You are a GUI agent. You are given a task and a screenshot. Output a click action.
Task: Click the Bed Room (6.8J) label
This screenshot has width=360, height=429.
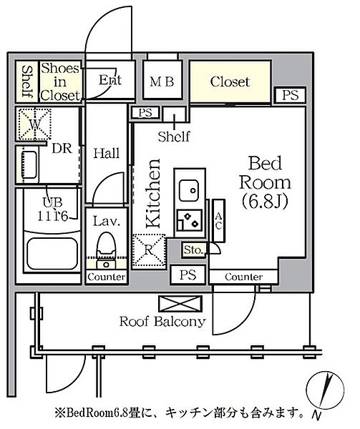[x=265, y=182]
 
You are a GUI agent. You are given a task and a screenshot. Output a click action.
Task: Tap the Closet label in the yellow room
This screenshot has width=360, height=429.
[x=230, y=82]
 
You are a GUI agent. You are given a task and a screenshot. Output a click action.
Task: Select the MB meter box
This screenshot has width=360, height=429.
[x=162, y=80]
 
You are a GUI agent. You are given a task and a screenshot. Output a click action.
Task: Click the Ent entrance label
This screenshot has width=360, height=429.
[x=110, y=79]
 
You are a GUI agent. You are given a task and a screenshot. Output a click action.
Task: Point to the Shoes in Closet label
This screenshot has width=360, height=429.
[x=60, y=82]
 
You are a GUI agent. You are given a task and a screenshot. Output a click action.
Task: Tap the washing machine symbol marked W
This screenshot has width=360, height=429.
[x=35, y=124]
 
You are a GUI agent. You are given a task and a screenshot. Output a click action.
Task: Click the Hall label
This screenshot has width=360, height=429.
[x=107, y=153]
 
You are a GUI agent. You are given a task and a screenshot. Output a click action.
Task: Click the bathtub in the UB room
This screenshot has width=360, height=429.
[x=52, y=252]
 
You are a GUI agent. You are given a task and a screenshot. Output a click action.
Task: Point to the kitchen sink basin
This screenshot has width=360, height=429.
[x=189, y=190]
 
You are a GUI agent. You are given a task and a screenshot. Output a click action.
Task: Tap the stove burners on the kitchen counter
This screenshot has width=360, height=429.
[x=190, y=220]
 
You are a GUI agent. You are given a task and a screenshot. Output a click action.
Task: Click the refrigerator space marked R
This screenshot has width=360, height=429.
[x=149, y=250]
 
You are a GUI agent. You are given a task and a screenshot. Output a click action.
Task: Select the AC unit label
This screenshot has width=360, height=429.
[x=218, y=221]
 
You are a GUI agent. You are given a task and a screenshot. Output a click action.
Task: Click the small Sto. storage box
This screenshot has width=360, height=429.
[x=194, y=250]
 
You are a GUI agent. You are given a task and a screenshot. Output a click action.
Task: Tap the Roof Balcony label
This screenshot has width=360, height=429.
[x=162, y=321]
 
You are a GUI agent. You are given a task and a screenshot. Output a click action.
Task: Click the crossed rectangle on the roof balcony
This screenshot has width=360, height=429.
[x=180, y=303]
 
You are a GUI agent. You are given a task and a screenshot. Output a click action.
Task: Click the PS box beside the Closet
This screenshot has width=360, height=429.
[x=290, y=95]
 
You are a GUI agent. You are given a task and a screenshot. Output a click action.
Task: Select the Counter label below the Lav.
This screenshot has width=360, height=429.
[x=107, y=277]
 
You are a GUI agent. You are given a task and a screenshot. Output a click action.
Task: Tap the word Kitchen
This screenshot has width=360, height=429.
[x=153, y=193]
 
